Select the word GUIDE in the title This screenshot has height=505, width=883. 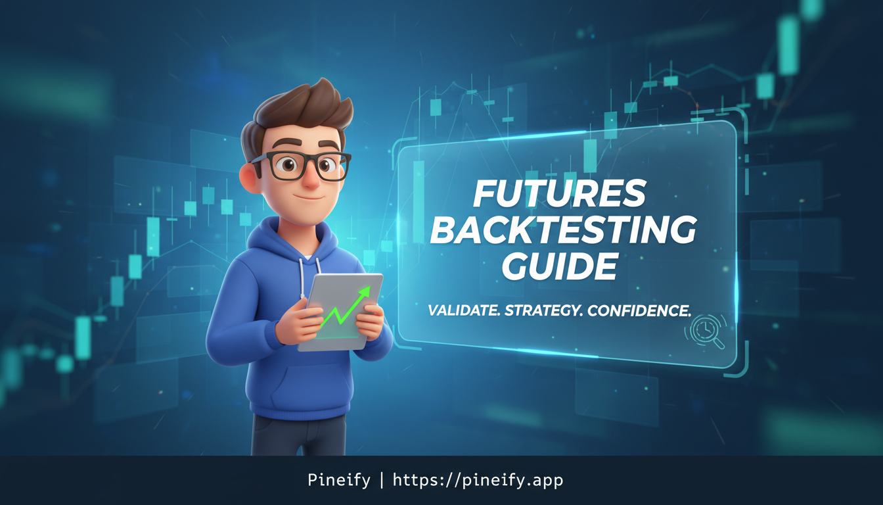click(x=560, y=266)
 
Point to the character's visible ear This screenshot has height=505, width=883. click(x=249, y=176)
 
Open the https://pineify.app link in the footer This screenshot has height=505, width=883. click(x=478, y=481)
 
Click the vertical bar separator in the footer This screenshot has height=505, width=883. click(x=381, y=481)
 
